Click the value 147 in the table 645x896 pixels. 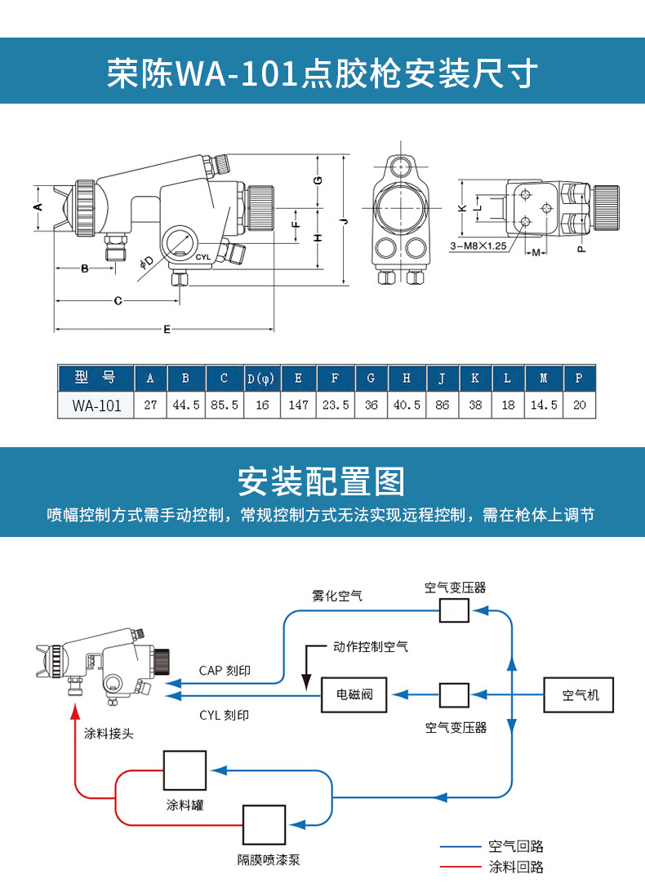[x=298, y=405]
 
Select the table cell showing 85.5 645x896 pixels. [x=224, y=405]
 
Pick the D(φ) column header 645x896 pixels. [x=261, y=378]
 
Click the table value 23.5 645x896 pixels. [x=335, y=405]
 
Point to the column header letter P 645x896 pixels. [x=579, y=378]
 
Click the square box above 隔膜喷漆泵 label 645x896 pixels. [x=264, y=825]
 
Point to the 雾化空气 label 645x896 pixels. [x=337, y=596]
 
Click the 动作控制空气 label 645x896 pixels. [x=370, y=647]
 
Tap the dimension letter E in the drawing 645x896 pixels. [x=167, y=330]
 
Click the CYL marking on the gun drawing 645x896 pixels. [x=203, y=256]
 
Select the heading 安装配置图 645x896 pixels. [x=322, y=482]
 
